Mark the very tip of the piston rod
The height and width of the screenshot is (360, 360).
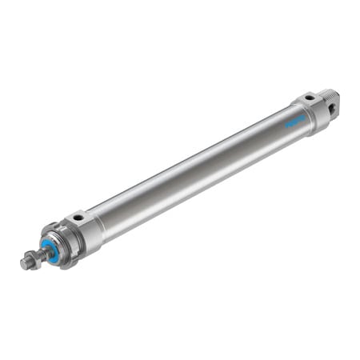23,263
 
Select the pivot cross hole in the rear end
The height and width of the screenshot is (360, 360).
334,101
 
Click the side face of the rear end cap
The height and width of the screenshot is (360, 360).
315,117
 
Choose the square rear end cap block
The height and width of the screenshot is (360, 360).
312,110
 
